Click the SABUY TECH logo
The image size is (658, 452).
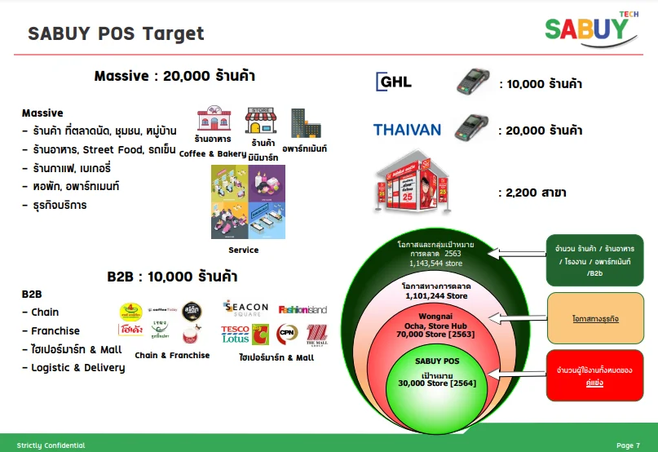(590, 26)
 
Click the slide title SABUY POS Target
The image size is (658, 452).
(116, 33)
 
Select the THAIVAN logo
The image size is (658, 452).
(407, 130)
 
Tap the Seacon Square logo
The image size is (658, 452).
(246, 308)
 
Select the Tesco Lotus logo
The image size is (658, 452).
(235, 334)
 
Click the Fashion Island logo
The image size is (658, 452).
(303, 309)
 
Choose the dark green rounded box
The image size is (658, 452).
(594, 260)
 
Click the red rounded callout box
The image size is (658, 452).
(594, 376)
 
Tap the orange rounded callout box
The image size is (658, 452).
(594, 317)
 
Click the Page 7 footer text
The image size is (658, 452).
(628, 445)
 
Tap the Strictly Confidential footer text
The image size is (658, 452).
(51, 445)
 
